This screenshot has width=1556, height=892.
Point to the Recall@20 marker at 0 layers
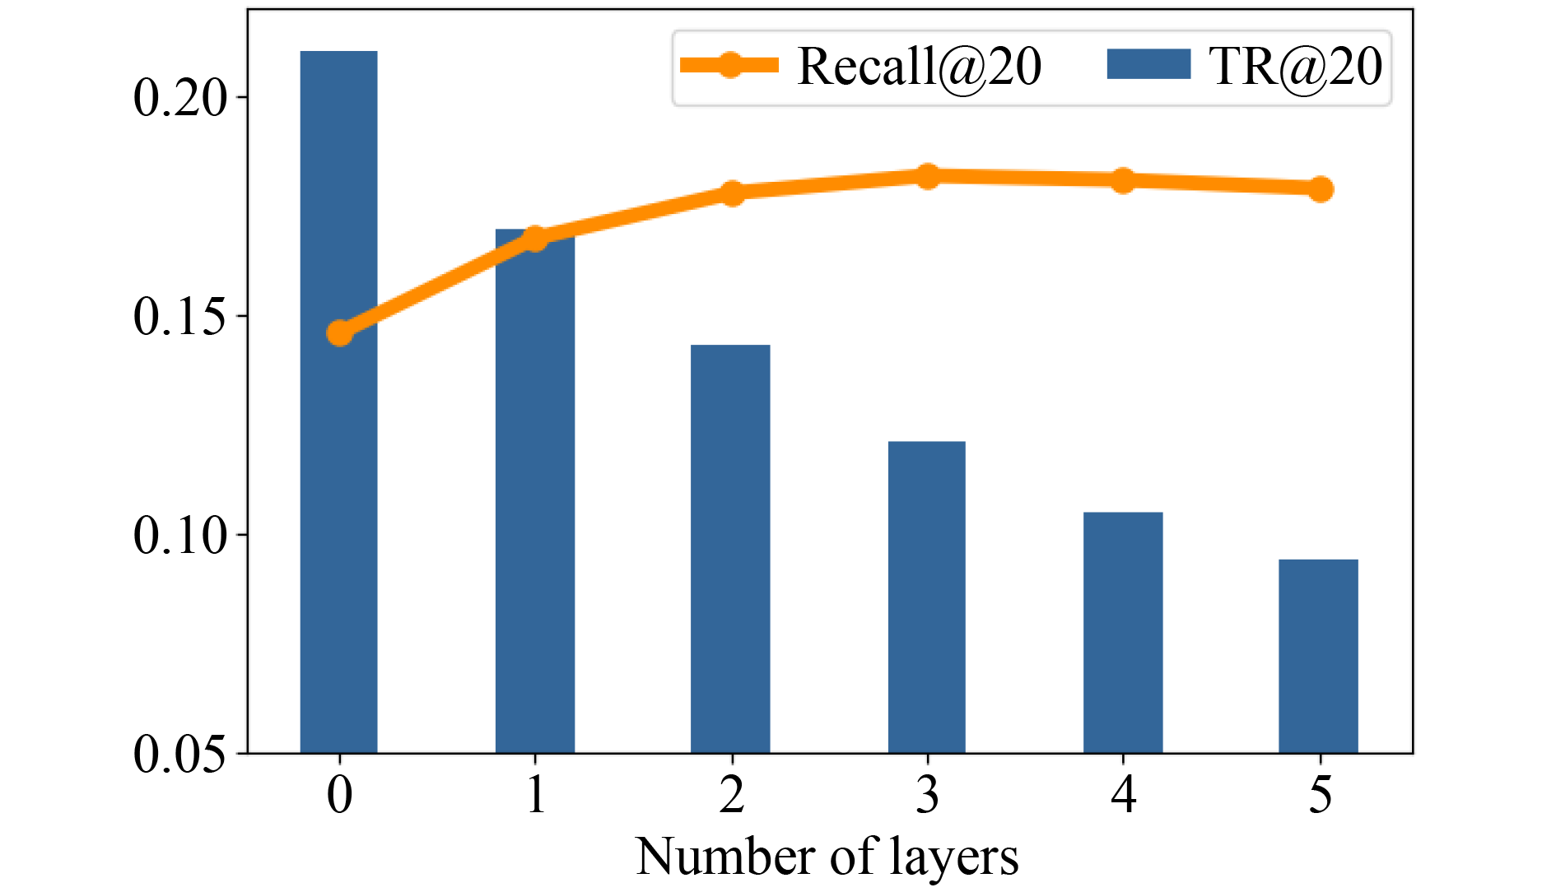coord(340,332)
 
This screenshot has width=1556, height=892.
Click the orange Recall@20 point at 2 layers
coord(732,193)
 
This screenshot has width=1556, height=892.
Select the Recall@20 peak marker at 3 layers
coord(928,176)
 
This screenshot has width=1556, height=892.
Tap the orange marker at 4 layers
coord(1124,181)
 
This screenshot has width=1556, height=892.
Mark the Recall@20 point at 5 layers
coord(1320,189)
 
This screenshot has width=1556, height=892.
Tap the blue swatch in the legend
coord(1148,64)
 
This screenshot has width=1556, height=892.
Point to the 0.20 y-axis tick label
coord(179,98)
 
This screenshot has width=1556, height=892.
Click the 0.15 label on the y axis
coord(179,317)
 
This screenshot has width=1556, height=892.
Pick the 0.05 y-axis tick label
coord(179,754)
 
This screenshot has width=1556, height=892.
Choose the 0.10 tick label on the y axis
coord(179,536)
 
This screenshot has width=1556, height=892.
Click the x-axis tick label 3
coord(928,795)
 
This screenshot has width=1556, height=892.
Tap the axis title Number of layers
coord(827,857)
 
